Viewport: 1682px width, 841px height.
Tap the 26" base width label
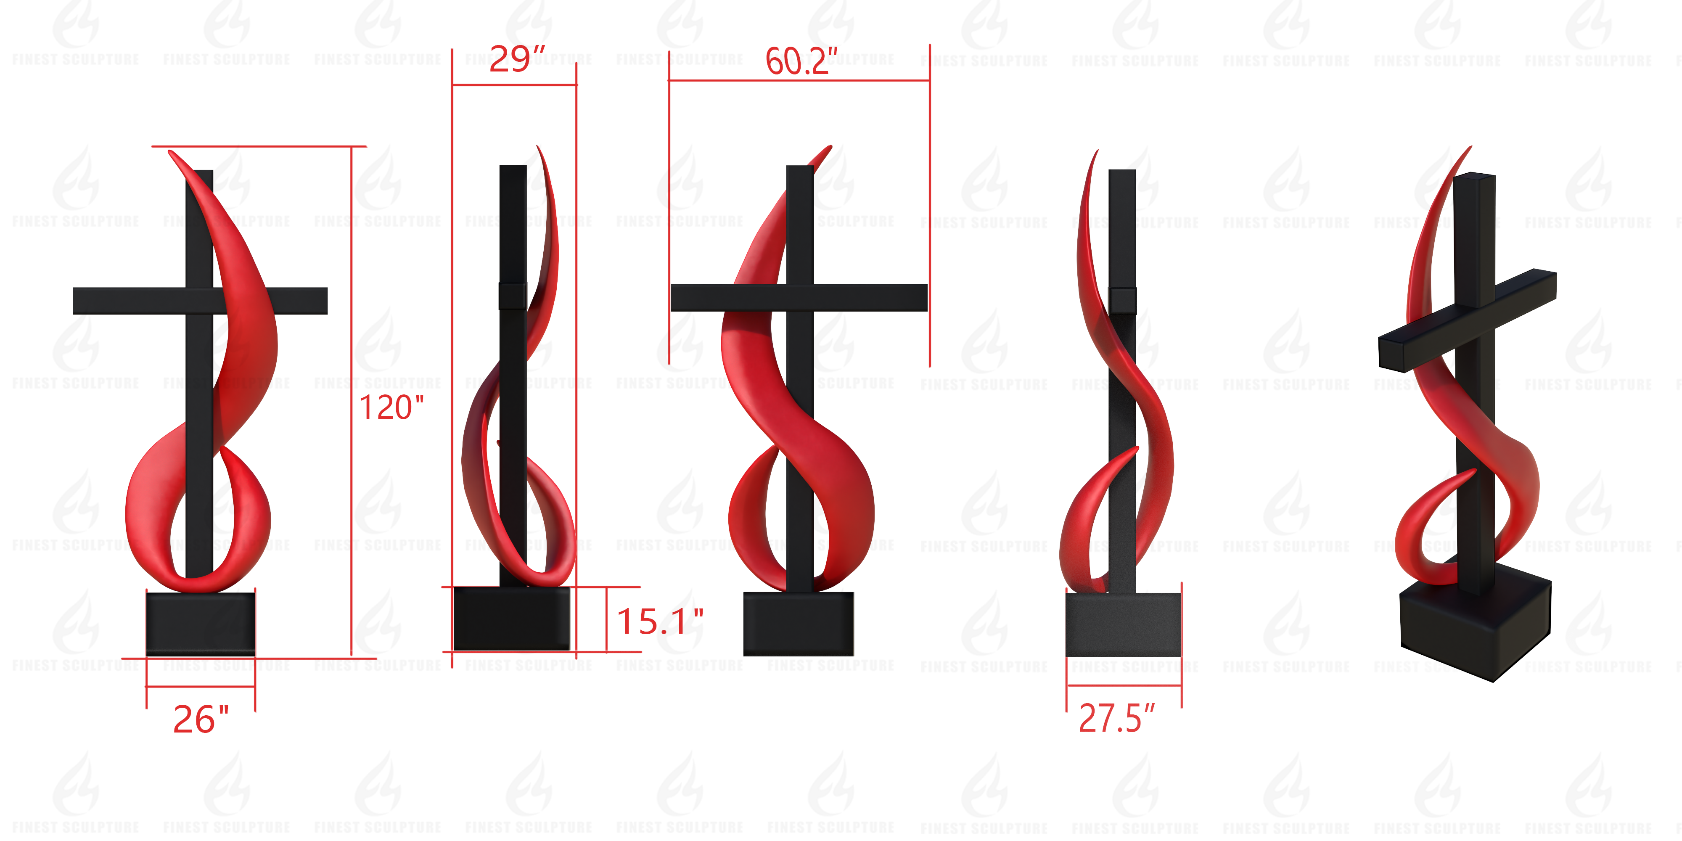pyautogui.click(x=201, y=719)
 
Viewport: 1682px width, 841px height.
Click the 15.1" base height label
pyautogui.click(x=659, y=621)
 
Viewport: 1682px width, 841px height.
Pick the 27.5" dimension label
pyautogui.click(x=1116, y=718)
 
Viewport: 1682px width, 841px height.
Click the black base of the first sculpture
pyautogui.click(x=201, y=624)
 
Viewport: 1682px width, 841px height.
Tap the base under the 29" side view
pyautogui.click(x=511, y=618)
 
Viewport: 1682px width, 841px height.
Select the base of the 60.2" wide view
pyautogui.click(x=799, y=624)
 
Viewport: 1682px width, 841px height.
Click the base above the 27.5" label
pyautogui.click(x=1123, y=625)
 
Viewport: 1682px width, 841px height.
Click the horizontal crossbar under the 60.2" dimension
pyautogui.click(x=799, y=298)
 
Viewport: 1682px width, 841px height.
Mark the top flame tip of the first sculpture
pyautogui.click(x=171, y=153)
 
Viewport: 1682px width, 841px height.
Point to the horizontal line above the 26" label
pyautogui.click(x=201, y=686)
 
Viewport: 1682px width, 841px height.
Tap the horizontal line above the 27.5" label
pyautogui.click(x=1124, y=685)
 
